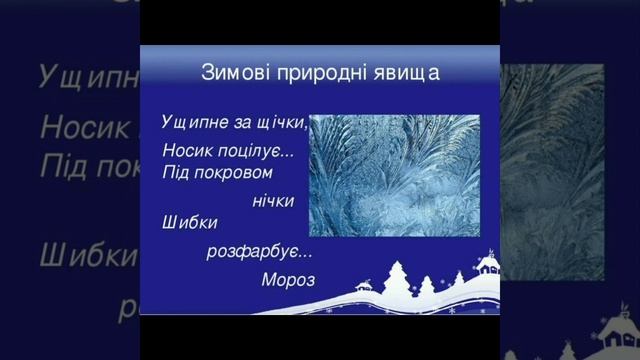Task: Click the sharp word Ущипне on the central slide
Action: point(192,122)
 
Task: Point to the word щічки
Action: point(281,123)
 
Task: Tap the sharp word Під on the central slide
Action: point(175,173)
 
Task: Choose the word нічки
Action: point(273,201)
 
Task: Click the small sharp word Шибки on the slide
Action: point(189,223)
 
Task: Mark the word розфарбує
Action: point(246,251)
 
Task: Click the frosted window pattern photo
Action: point(394,175)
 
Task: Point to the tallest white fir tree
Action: point(399,277)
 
